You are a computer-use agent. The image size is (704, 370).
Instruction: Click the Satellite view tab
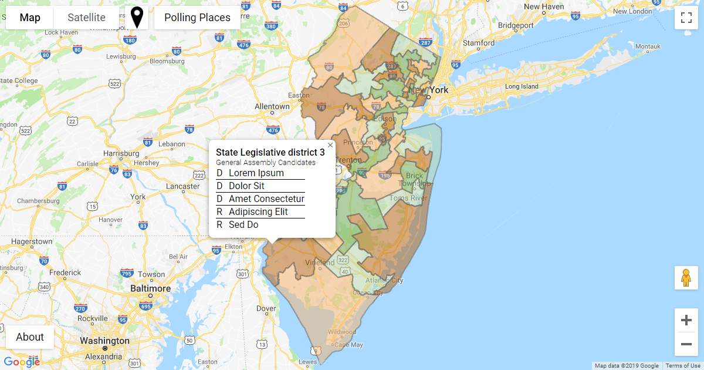coord(86,18)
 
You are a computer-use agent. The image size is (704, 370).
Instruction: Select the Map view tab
coord(30,18)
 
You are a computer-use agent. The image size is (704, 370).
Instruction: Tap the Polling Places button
coord(197,18)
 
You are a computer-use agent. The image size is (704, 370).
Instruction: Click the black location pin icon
coord(137,18)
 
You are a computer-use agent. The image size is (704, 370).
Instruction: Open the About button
coord(30,337)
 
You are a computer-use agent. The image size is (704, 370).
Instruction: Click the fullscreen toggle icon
coord(686,18)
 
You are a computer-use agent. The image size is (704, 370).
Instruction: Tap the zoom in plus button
coord(686,320)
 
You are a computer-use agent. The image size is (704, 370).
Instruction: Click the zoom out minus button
coord(686,344)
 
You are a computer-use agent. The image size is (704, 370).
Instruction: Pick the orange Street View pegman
coord(686,278)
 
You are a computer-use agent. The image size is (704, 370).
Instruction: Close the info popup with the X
coord(330,145)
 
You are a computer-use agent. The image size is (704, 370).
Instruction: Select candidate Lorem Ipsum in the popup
coord(256,173)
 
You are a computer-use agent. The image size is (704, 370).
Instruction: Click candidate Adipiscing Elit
coord(258,212)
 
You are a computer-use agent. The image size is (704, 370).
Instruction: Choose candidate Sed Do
coord(243,225)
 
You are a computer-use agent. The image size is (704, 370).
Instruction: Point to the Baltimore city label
coord(150,289)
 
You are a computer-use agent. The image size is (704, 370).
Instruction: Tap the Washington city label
coord(104,341)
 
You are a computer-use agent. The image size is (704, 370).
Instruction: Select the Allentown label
coord(272,107)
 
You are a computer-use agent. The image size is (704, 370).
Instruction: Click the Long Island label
coord(522,86)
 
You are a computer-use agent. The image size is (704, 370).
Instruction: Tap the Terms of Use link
coord(683,366)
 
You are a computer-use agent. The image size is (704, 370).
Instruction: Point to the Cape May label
coord(348,345)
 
